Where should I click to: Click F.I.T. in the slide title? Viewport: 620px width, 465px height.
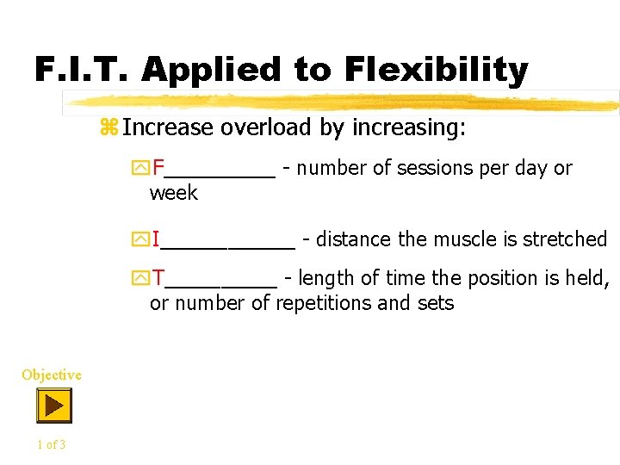[x=82, y=69]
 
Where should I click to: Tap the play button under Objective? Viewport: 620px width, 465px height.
[x=53, y=405]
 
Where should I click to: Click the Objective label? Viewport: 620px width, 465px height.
[x=52, y=375]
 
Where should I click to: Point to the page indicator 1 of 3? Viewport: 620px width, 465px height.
[x=51, y=444]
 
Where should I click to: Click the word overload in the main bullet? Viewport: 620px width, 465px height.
[x=254, y=127]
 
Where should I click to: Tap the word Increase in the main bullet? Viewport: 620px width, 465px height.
[x=167, y=127]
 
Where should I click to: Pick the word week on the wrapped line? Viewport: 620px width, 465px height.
[x=173, y=193]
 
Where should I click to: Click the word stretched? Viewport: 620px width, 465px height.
[x=565, y=239]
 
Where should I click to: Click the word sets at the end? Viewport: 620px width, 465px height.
[x=436, y=303]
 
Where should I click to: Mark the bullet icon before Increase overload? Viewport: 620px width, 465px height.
[x=108, y=127]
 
